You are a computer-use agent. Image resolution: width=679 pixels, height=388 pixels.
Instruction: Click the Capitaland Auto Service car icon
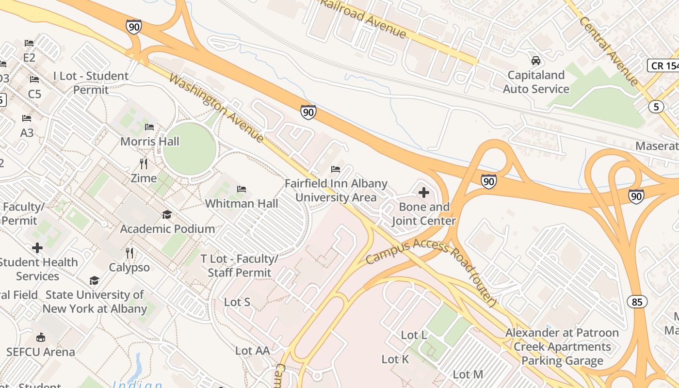point(536,61)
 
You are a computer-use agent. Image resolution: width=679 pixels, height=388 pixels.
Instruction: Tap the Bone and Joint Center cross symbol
point(423,193)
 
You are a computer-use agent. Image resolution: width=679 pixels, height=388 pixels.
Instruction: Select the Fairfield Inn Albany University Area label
point(336,191)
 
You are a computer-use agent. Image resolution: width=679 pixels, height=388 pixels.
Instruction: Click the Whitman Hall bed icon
point(242,189)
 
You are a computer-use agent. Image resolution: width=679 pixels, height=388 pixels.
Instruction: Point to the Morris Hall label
point(150,142)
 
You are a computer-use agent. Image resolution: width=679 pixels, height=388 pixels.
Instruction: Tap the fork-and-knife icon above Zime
point(143,163)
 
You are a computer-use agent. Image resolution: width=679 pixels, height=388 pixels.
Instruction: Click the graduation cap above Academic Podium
point(167,214)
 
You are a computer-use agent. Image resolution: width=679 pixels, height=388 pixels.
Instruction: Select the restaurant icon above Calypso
point(129,253)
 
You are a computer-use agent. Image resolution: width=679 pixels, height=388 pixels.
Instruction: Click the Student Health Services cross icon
point(37,248)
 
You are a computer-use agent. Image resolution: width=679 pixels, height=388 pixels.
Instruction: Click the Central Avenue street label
point(609,44)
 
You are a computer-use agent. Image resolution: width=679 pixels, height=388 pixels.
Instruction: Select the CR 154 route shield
point(663,65)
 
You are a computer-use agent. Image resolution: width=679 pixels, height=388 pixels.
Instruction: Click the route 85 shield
point(637,302)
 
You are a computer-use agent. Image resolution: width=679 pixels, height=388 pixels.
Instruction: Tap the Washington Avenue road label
point(217,108)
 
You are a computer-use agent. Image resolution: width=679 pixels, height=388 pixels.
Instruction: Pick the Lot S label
point(237,302)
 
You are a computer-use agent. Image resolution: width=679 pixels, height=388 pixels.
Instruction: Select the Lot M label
point(468,374)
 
